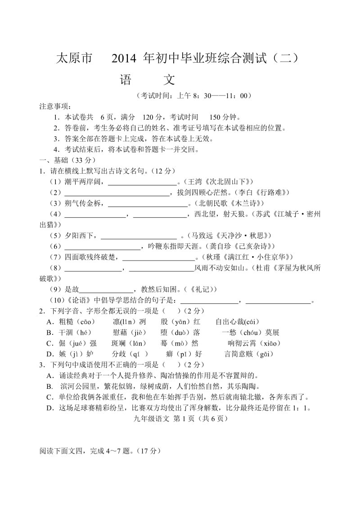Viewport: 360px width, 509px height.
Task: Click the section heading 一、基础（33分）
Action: click(67, 160)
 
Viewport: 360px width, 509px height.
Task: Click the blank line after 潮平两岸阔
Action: click(142, 182)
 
